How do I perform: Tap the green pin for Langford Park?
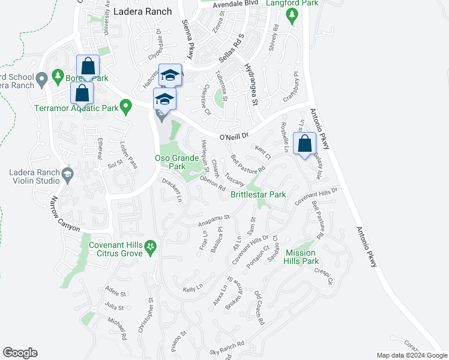point(292,18)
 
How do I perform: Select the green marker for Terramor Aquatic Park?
point(125,107)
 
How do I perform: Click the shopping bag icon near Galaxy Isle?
point(305,144)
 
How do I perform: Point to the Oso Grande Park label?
point(177,162)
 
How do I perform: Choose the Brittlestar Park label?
point(258,195)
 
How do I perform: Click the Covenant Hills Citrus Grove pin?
point(151,246)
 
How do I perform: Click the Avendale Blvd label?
point(235,4)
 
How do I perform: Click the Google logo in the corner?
point(20,353)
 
